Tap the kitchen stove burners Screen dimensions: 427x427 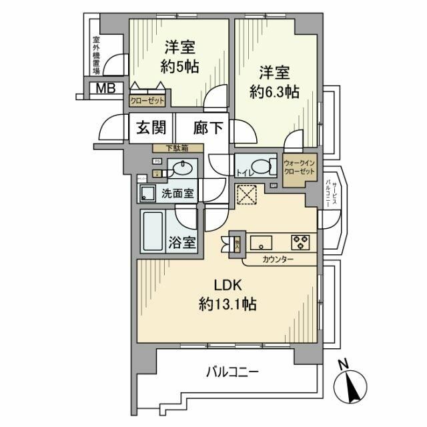point(298,242)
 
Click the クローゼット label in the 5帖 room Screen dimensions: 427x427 point(148,101)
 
